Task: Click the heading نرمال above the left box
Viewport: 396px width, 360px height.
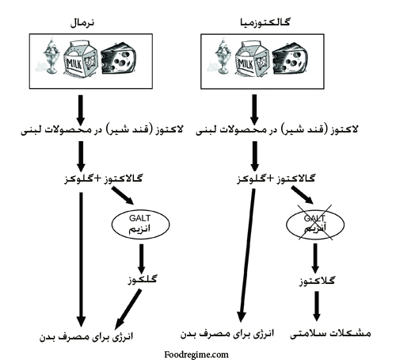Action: (x=82, y=23)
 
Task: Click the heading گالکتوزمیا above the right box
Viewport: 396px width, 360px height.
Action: (x=265, y=22)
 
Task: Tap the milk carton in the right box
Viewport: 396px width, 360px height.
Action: (x=253, y=59)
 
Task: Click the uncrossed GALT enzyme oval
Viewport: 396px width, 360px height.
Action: (x=140, y=224)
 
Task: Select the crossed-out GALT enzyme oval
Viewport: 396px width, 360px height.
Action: (x=315, y=224)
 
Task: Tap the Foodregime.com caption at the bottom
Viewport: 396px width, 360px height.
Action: (x=196, y=354)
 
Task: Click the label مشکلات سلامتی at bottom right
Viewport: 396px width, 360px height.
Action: (x=330, y=334)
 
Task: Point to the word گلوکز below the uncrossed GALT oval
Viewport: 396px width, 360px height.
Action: (x=143, y=279)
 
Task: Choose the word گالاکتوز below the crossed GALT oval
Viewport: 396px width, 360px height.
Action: (x=317, y=280)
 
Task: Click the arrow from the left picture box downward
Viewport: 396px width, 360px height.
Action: (x=81, y=109)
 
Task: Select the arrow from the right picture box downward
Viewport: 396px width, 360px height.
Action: (x=254, y=109)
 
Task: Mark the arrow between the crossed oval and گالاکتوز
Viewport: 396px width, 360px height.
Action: (x=315, y=259)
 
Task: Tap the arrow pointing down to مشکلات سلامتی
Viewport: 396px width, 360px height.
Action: (x=317, y=306)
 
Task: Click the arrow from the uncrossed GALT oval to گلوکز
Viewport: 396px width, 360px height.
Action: (x=142, y=259)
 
